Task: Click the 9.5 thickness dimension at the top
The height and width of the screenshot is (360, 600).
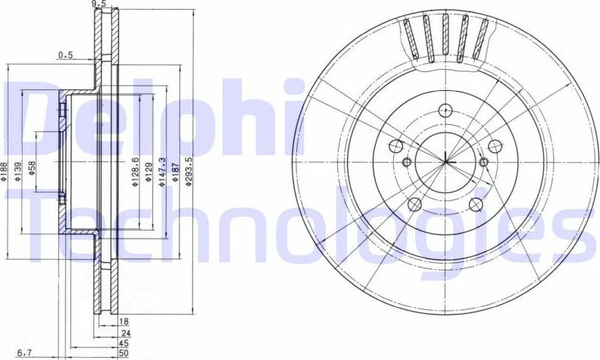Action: tap(98, 5)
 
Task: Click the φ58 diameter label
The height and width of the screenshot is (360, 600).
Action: tap(32, 168)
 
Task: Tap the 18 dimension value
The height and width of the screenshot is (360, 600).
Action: tap(124, 322)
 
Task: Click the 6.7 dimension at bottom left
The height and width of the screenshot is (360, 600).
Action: tap(24, 352)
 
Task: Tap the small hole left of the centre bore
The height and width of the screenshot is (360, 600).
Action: tap(406, 162)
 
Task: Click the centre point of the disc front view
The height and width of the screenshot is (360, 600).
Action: tap(446, 161)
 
